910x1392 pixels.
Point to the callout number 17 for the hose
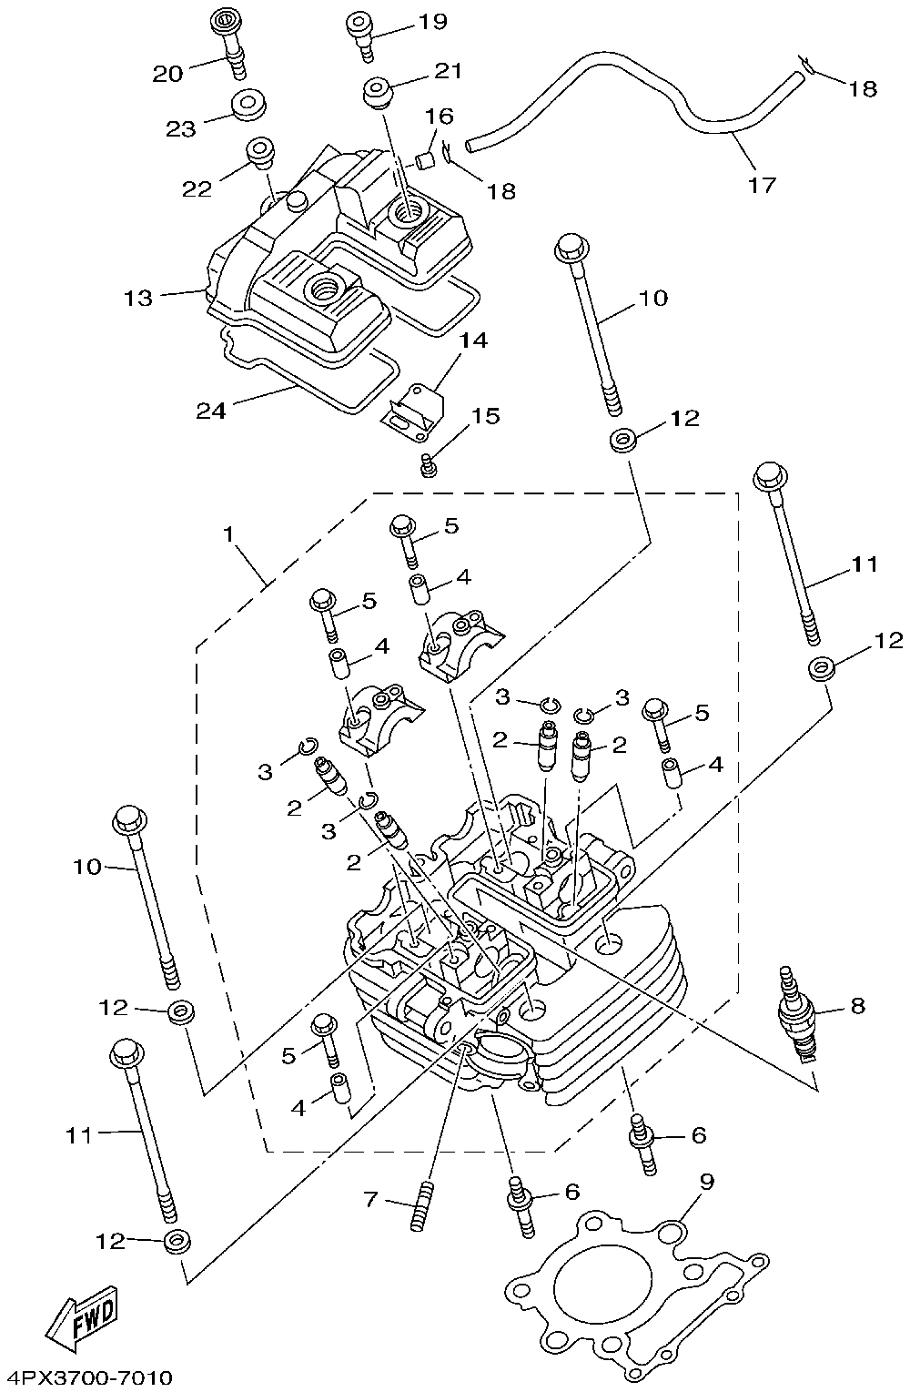(763, 185)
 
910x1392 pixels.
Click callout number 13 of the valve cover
(138, 298)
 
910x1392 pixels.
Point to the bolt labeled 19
(361, 36)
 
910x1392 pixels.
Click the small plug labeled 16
(424, 159)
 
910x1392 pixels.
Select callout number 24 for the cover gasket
(210, 411)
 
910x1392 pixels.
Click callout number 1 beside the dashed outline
(228, 533)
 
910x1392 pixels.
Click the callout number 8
(857, 1005)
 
